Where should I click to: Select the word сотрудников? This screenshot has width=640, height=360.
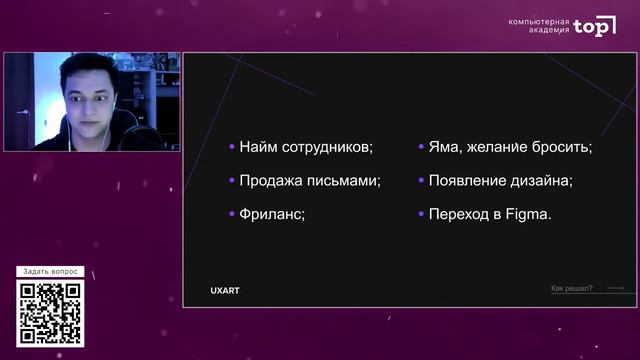[325, 147]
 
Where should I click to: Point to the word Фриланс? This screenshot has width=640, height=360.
[271, 214]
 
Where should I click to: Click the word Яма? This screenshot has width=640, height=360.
[443, 147]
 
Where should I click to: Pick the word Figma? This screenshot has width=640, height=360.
[529, 214]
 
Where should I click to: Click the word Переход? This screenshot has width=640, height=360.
[458, 214]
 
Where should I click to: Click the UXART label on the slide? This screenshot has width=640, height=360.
[225, 291]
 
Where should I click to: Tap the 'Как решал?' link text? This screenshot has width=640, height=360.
[571, 289]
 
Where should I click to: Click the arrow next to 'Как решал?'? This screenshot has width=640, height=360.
[615, 289]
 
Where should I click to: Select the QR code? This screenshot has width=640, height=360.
[50, 314]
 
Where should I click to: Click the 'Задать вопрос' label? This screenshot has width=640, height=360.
[50, 272]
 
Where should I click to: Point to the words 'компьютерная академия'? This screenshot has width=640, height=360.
[539, 26]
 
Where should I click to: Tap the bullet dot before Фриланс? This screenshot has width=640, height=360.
[231, 214]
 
